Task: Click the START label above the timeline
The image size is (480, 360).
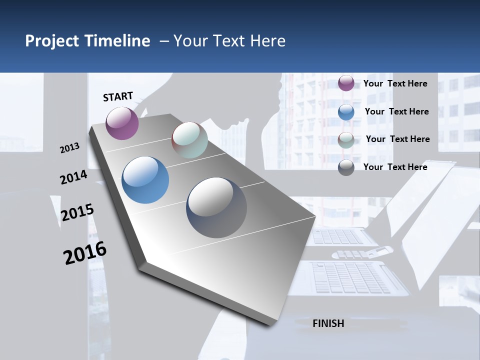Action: coord(118,96)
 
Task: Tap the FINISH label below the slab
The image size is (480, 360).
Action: coord(328,323)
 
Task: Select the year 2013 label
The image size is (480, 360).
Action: coord(70,147)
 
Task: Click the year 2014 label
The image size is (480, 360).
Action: coord(73,177)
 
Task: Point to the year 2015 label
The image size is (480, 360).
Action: coord(77,212)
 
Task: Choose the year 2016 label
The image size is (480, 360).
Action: coord(85,253)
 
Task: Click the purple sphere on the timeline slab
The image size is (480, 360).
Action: coord(122,123)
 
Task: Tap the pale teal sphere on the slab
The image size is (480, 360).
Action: coord(189,140)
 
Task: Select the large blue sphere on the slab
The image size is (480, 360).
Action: coord(145,180)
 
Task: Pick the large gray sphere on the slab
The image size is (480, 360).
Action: coord(216,207)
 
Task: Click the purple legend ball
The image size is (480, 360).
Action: coord(346,83)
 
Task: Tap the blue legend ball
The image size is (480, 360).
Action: coord(346,112)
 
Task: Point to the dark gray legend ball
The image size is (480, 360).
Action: coord(346,167)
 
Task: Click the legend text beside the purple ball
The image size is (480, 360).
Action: coord(395,83)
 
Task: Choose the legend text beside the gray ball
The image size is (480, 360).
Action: coord(395,167)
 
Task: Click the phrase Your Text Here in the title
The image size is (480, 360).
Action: coord(229,41)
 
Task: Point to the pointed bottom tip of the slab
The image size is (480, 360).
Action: coord(270,324)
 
